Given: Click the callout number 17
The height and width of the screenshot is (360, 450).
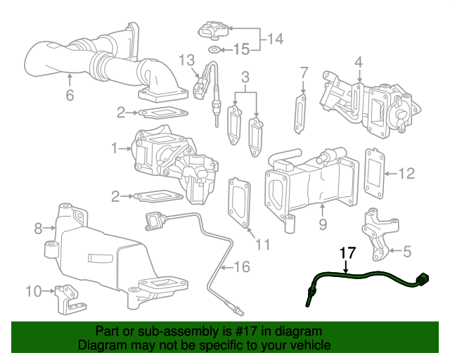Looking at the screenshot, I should pos(348,253).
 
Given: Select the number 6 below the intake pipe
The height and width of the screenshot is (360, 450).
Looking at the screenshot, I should pos(70,95).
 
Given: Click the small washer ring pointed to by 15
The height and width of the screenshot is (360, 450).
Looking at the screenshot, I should pos(213,50).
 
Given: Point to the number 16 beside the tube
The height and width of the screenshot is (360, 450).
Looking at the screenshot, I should pos(241,266).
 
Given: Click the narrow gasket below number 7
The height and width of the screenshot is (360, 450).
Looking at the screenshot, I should pos(302,112).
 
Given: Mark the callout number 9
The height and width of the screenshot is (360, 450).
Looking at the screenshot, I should pos(323,225).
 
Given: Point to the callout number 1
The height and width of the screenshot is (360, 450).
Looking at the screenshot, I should pos(115,148).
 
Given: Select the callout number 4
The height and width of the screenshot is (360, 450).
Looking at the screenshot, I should pos(359,63).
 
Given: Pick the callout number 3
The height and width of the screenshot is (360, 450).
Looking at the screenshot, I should pos(245,76).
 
